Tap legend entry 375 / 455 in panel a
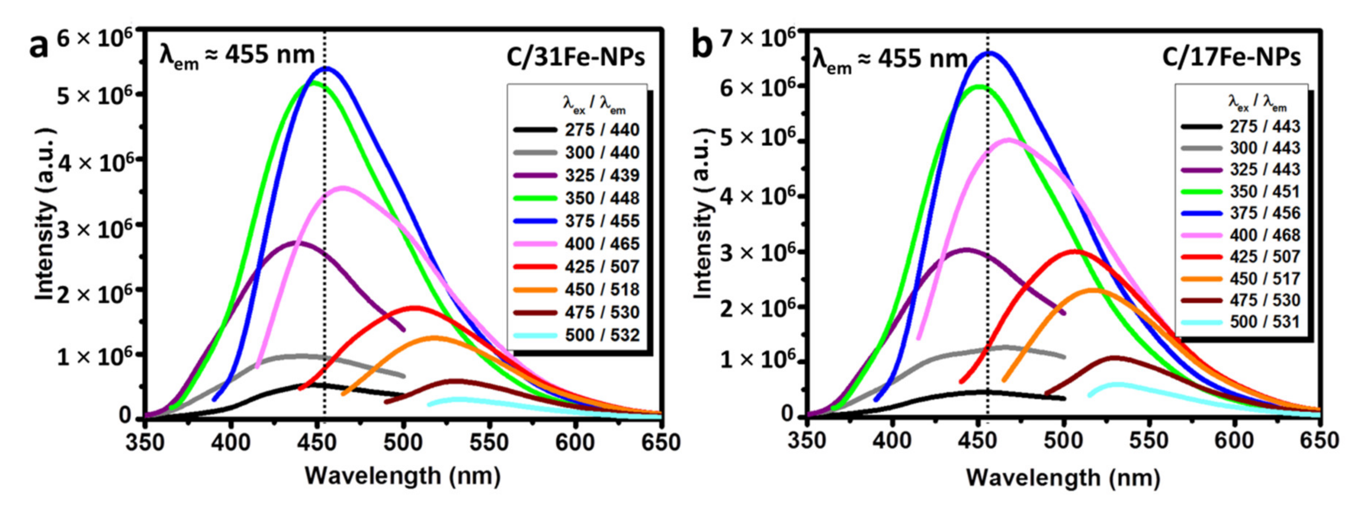(602, 221)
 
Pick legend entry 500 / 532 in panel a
(602, 335)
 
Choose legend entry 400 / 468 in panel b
(1264, 235)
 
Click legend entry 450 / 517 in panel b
(1264, 279)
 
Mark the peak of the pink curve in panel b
(1009, 139)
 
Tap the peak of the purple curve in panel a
(299, 243)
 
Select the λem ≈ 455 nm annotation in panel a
(237, 56)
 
